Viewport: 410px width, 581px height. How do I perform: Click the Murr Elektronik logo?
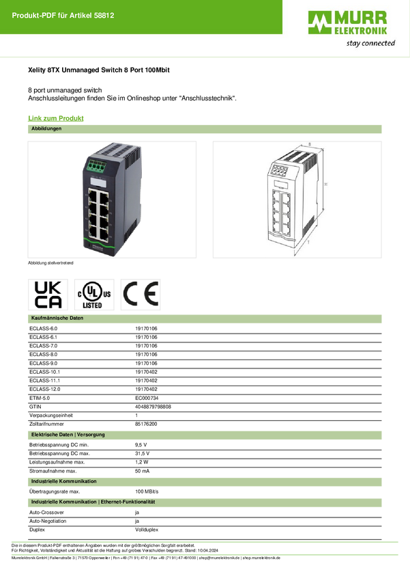tap(347, 23)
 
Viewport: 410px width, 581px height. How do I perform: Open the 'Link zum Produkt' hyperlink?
tap(56, 118)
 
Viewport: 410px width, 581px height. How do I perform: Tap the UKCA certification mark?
tap(48, 295)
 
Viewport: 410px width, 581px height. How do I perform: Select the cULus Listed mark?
tap(94, 295)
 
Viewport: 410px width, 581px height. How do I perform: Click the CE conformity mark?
tap(141, 294)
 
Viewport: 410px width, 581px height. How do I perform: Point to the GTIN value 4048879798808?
tap(153, 407)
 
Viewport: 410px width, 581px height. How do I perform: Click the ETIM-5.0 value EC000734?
tap(147, 398)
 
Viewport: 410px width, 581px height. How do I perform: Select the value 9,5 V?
tap(141, 445)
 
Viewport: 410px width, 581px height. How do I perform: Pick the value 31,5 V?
tap(143, 454)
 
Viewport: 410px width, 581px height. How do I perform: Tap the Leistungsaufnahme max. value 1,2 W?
tap(142, 462)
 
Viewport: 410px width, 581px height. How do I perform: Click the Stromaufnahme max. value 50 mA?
tap(143, 471)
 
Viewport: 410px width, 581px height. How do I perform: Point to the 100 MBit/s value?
tap(147, 491)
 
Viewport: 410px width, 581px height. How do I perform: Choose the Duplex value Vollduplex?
tap(147, 530)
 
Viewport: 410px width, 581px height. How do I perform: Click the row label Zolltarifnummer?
tap(46, 424)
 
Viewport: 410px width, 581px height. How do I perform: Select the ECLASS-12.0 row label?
tap(45, 390)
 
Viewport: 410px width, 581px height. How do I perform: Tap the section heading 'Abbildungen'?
tap(46, 129)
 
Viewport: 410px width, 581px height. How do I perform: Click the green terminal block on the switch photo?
tap(96, 166)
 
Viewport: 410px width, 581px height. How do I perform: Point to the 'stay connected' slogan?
tap(370, 43)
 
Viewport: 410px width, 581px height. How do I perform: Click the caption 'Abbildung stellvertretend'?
tap(50, 263)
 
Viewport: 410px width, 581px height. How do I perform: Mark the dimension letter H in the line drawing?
tap(325, 184)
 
